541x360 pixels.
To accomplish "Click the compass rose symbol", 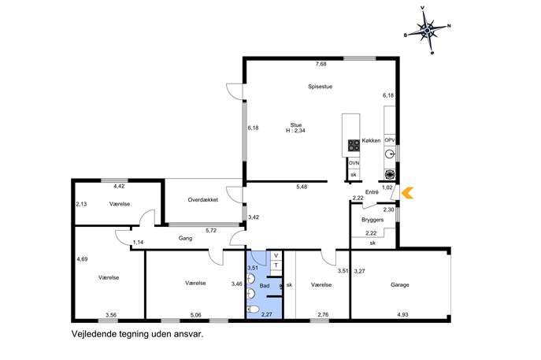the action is tap(428, 31).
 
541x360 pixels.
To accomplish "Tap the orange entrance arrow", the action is tap(407, 193).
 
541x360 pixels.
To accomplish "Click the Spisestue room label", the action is tap(321, 87).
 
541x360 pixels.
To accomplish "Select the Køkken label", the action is tap(371, 140).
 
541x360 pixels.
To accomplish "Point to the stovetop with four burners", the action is tap(354, 145).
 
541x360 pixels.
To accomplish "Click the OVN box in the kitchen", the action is tap(354, 163).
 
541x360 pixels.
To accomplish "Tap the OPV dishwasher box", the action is tap(390, 140).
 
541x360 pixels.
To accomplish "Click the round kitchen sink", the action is tap(390, 154).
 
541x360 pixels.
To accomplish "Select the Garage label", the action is tap(400, 284).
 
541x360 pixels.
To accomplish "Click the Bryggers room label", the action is tap(372, 220).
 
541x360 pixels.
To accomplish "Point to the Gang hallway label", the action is tap(185, 238).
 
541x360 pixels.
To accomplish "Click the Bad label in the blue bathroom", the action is tap(265, 286).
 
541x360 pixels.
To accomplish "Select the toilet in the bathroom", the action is tap(253, 309).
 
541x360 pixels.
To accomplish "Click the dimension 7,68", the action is tap(321, 64).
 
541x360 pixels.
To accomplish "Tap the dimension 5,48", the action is tap(302, 187).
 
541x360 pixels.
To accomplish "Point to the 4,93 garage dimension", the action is tap(402, 315).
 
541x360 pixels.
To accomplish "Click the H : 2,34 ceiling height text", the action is tap(295, 131).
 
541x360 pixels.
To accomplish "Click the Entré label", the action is tap(372, 192).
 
